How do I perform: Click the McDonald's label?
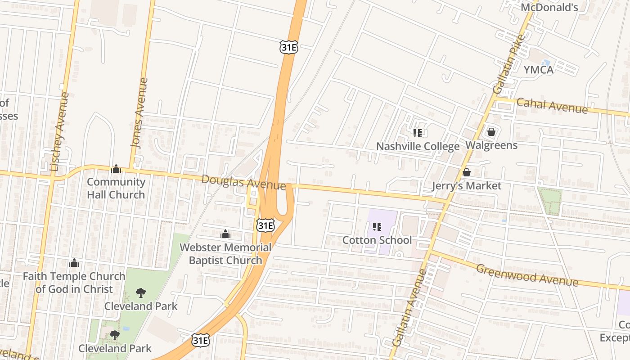(x=549, y=7)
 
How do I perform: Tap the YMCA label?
(x=538, y=70)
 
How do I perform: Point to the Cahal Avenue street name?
(x=552, y=106)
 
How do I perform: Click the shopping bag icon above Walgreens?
(x=491, y=132)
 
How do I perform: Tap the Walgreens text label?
(x=491, y=145)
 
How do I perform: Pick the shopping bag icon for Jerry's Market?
(x=467, y=172)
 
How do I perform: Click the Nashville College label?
(x=418, y=146)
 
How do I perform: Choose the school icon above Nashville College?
(x=417, y=133)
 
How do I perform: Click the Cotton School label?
(x=377, y=240)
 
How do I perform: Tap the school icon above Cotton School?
(x=377, y=227)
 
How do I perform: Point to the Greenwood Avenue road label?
(x=526, y=274)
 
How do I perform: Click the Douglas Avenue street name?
(x=243, y=182)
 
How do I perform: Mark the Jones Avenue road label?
(x=139, y=113)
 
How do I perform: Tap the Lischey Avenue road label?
(x=60, y=131)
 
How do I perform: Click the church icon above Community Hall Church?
(x=116, y=169)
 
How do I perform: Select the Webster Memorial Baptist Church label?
(x=225, y=254)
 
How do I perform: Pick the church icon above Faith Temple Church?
(x=74, y=263)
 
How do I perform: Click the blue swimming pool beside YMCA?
(x=546, y=63)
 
